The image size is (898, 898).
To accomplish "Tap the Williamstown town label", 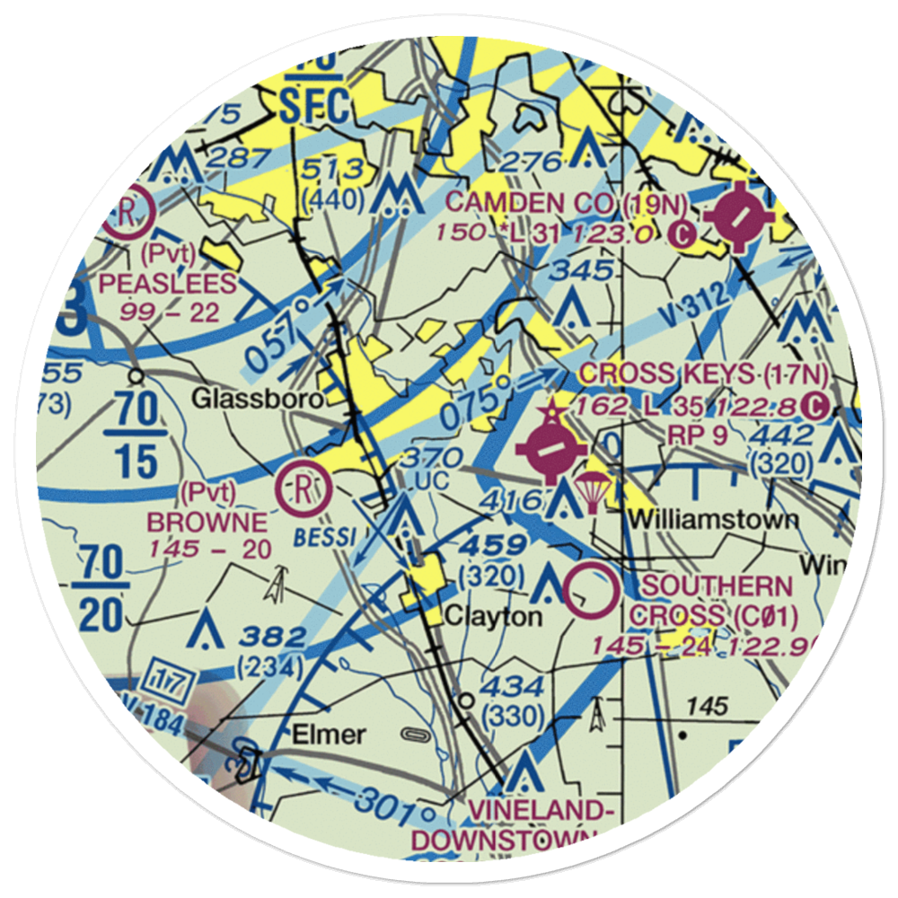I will tap(712, 519).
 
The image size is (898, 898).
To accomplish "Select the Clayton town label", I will tap(494, 617).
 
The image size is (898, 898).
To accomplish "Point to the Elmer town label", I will tap(329, 735).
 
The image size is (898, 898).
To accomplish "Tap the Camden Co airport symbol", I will tap(738, 217).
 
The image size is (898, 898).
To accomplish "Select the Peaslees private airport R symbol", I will tap(128, 214).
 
